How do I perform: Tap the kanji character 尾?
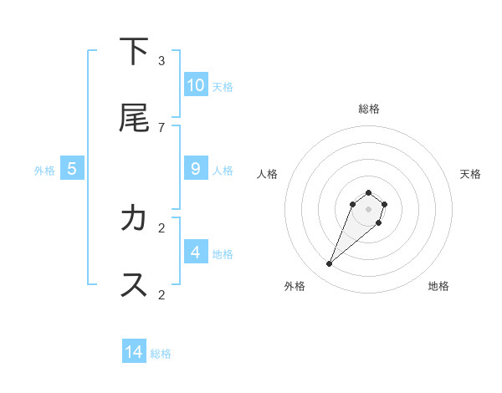pyautogui.click(x=134, y=118)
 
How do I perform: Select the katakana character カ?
pyautogui.click(x=134, y=218)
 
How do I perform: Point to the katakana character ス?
pyautogui.click(x=134, y=285)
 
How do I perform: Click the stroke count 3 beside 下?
pyautogui.click(x=161, y=60)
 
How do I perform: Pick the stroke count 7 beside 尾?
pyautogui.click(x=161, y=127)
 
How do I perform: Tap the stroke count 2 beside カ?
pyautogui.click(x=161, y=227)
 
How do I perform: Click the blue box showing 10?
pyautogui.click(x=196, y=84)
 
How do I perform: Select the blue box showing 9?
pyautogui.click(x=196, y=169)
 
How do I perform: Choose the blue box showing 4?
pyautogui.click(x=196, y=252)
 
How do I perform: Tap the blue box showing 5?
pyautogui.click(x=72, y=169)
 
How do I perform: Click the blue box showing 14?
pyautogui.click(x=134, y=352)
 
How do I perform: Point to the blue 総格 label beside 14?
pyautogui.click(x=161, y=354)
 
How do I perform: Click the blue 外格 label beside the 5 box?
pyautogui.click(x=44, y=171)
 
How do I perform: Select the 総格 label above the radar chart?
pyautogui.click(x=369, y=109)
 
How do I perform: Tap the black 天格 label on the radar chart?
pyautogui.click(x=471, y=174)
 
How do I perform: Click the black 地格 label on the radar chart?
pyautogui.click(x=438, y=286)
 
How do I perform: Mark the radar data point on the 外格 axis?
pyautogui.click(x=330, y=264)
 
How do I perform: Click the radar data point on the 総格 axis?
pyautogui.click(x=369, y=191)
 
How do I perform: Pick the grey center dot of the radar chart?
pyautogui.click(x=369, y=209)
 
